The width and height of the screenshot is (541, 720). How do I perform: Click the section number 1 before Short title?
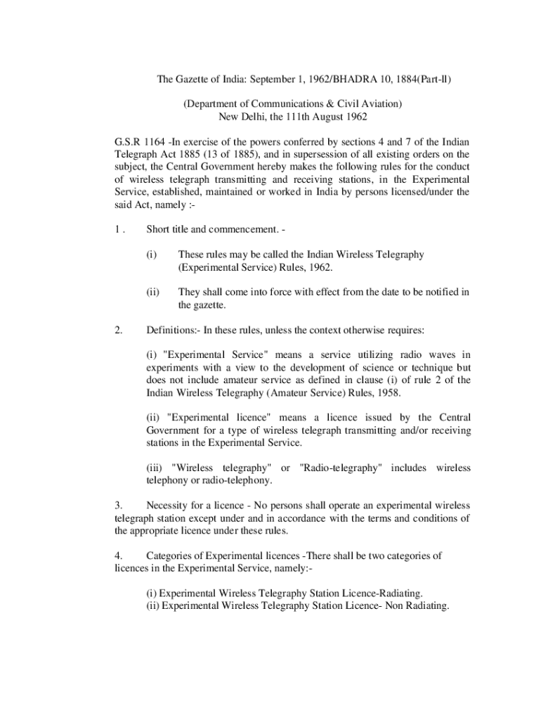click(x=117, y=229)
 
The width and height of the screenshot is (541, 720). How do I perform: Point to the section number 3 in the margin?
click(x=117, y=506)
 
